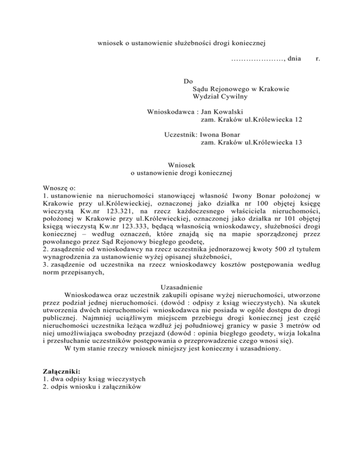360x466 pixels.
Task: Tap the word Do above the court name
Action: click(188, 81)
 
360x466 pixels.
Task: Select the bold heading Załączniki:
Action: click(57, 370)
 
